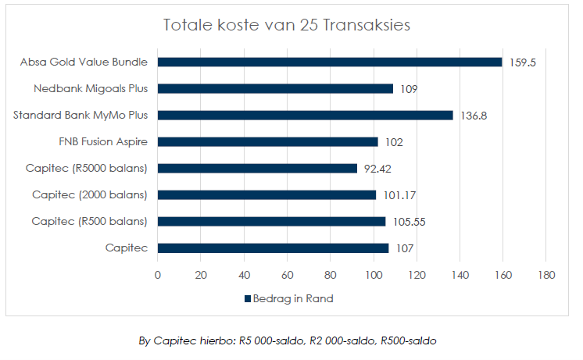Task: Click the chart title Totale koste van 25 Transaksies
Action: (x=286, y=25)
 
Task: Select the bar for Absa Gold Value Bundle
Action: (x=330, y=62)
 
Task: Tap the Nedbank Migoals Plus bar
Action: (x=275, y=88)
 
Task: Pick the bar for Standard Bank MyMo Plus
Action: (x=305, y=115)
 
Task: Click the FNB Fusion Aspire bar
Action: (x=267, y=141)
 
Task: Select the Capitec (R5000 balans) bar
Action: (x=257, y=168)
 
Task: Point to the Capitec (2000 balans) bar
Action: (x=266, y=194)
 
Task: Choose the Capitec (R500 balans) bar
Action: (x=271, y=221)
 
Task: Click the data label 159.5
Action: (x=523, y=62)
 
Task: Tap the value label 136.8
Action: (x=474, y=116)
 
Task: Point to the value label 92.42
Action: (x=380, y=169)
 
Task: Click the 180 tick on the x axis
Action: (x=545, y=275)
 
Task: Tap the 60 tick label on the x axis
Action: (x=287, y=275)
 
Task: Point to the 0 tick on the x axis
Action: (x=158, y=275)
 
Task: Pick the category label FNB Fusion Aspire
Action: (x=103, y=141)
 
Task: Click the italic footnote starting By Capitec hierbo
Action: (x=288, y=340)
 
